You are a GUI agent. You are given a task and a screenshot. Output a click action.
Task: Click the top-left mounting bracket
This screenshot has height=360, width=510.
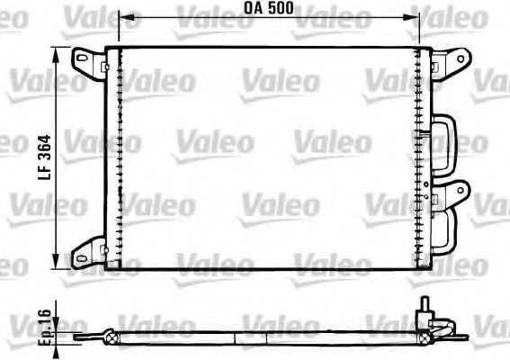click(89, 60)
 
